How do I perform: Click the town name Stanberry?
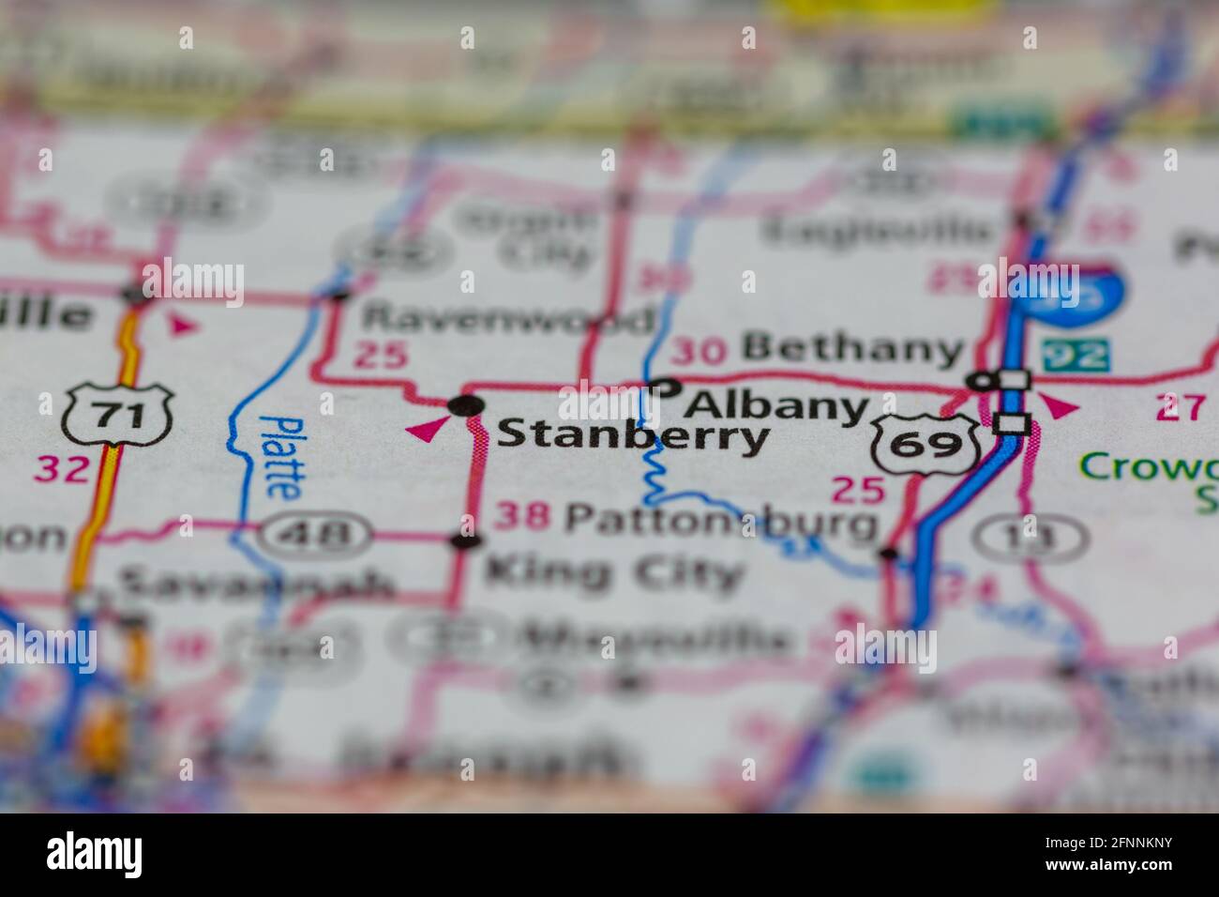point(632,436)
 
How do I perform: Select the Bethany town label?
point(851,349)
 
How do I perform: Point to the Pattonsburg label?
point(724,520)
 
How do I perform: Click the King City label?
point(613,570)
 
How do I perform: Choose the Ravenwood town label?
point(506,319)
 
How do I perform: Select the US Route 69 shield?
point(926,445)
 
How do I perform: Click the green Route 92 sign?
point(1075,354)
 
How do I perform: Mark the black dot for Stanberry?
point(466,406)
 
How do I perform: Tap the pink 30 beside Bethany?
point(699,351)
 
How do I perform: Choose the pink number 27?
point(1178,408)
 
